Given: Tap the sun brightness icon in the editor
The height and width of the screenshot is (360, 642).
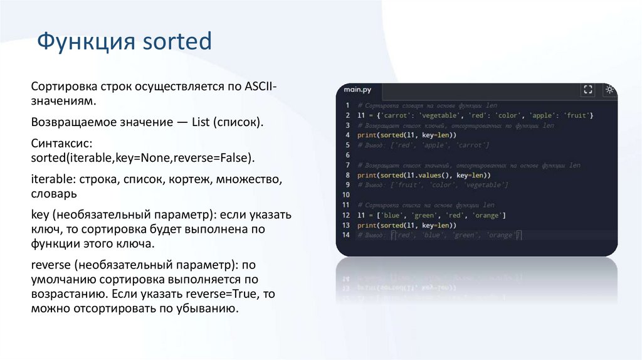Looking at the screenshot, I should tap(609, 90).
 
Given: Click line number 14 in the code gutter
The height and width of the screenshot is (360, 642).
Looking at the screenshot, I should tap(345, 235).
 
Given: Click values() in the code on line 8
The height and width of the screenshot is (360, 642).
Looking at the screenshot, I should tap(433, 175).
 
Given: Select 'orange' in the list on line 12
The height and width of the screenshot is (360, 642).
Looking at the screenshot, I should tap(487, 215).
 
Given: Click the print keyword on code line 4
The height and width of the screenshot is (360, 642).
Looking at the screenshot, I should tap(367, 135).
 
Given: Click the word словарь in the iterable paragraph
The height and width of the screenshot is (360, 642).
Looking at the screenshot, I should tap(53, 194).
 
